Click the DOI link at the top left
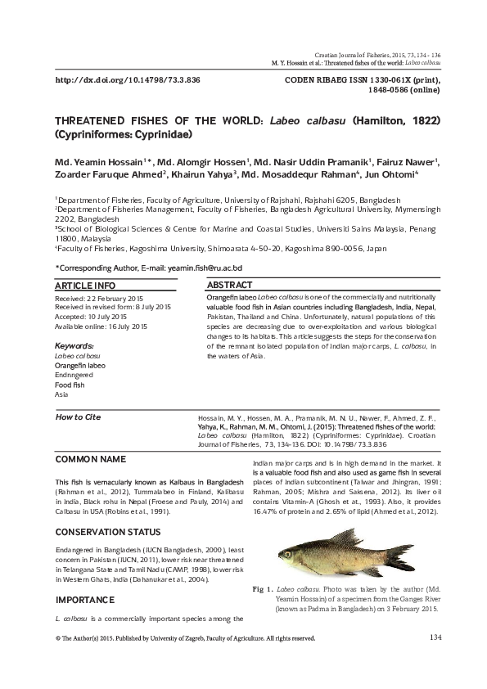(x=127, y=81)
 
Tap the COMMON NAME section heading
(x=90, y=459)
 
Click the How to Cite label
(x=77, y=417)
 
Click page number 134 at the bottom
(x=435, y=637)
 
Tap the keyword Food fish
(x=70, y=384)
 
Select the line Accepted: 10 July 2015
(x=90, y=317)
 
